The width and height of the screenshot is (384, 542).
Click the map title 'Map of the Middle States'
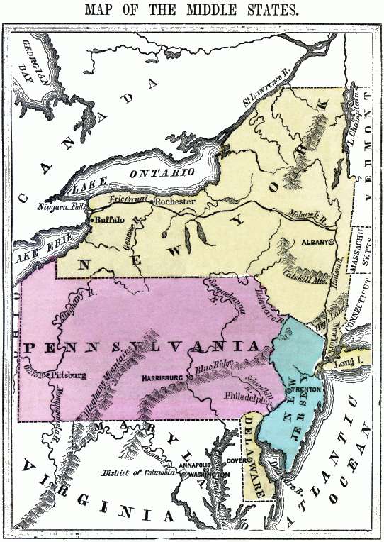pyautogui.click(x=191, y=11)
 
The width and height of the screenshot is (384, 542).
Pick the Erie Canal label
pyautogui.click(x=127, y=199)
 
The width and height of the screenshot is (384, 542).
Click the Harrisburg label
pyautogui.click(x=163, y=379)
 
